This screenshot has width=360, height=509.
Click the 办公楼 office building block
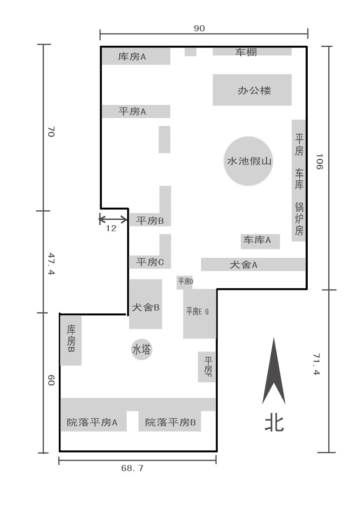click(x=252, y=90)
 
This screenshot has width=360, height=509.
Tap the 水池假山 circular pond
click(x=248, y=161)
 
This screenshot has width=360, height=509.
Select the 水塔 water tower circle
click(x=141, y=349)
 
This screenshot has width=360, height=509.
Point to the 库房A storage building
click(x=136, y=56)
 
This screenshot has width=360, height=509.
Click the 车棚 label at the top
click(x=246, y=52)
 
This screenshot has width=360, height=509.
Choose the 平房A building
click(x=136, y=111)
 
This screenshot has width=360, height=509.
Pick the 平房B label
click(x=150, y=221)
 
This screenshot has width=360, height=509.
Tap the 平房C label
click(x=150, y=262)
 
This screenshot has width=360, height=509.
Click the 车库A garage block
click(x=260, y=242)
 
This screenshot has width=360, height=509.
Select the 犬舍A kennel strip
click(x=253, y=264)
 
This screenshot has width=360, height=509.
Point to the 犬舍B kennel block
click(x=145, y=304)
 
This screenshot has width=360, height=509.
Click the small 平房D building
click(x=185, y=282)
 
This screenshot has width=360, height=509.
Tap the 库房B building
click(x=71, y=340)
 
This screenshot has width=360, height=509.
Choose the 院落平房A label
click(x=92, y=422)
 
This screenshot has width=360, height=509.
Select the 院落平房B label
click(x=171, y=422)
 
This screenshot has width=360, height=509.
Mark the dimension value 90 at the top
click(x=199, y=28)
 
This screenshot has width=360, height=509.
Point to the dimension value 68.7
click(x=132, y=468)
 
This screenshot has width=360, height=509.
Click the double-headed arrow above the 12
click(x=113, y=219)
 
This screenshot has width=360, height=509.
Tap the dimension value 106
click(x=320, y=162)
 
